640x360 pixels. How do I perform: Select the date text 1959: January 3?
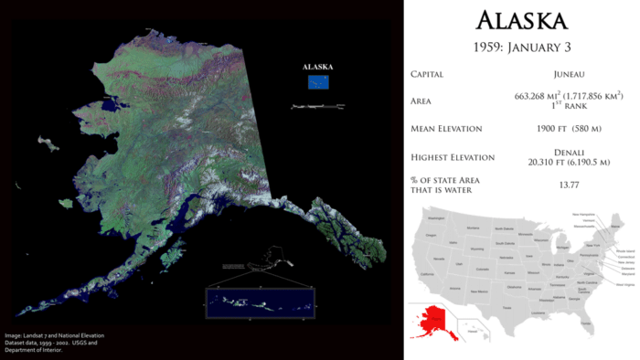point(522,46)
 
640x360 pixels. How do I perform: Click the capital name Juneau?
point(569,74)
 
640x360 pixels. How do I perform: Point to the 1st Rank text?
point(569,106)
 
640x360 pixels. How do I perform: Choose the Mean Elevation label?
point(445,129)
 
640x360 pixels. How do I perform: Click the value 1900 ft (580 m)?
point(569,129)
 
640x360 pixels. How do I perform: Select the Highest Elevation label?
point(452,157)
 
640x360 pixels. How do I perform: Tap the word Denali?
point(569,152)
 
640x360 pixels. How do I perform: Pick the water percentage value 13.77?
point(569,185)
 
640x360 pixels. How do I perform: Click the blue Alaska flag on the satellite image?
point(318,82)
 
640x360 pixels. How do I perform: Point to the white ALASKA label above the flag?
point(318,67)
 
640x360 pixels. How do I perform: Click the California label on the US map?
point(426,273)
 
